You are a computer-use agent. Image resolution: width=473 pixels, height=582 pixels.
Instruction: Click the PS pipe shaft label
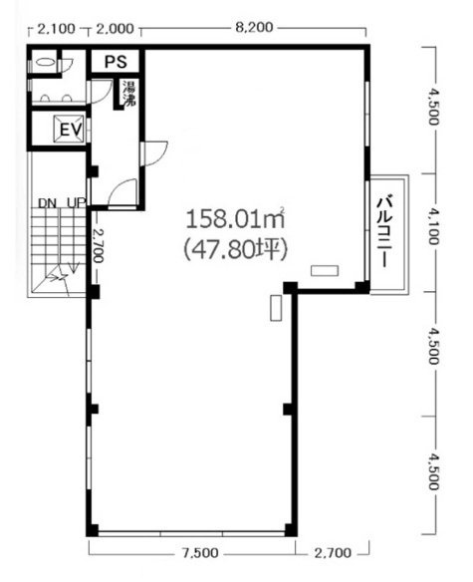point(117,62)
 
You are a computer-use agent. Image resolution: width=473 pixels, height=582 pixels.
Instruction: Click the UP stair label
point(74,204)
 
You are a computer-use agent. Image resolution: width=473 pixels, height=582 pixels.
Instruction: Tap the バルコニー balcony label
point(385,232)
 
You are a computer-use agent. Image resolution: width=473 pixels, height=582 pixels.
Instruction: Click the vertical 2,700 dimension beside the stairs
point(98,245)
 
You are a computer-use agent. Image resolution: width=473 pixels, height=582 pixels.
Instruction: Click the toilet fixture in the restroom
point(43,62)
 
